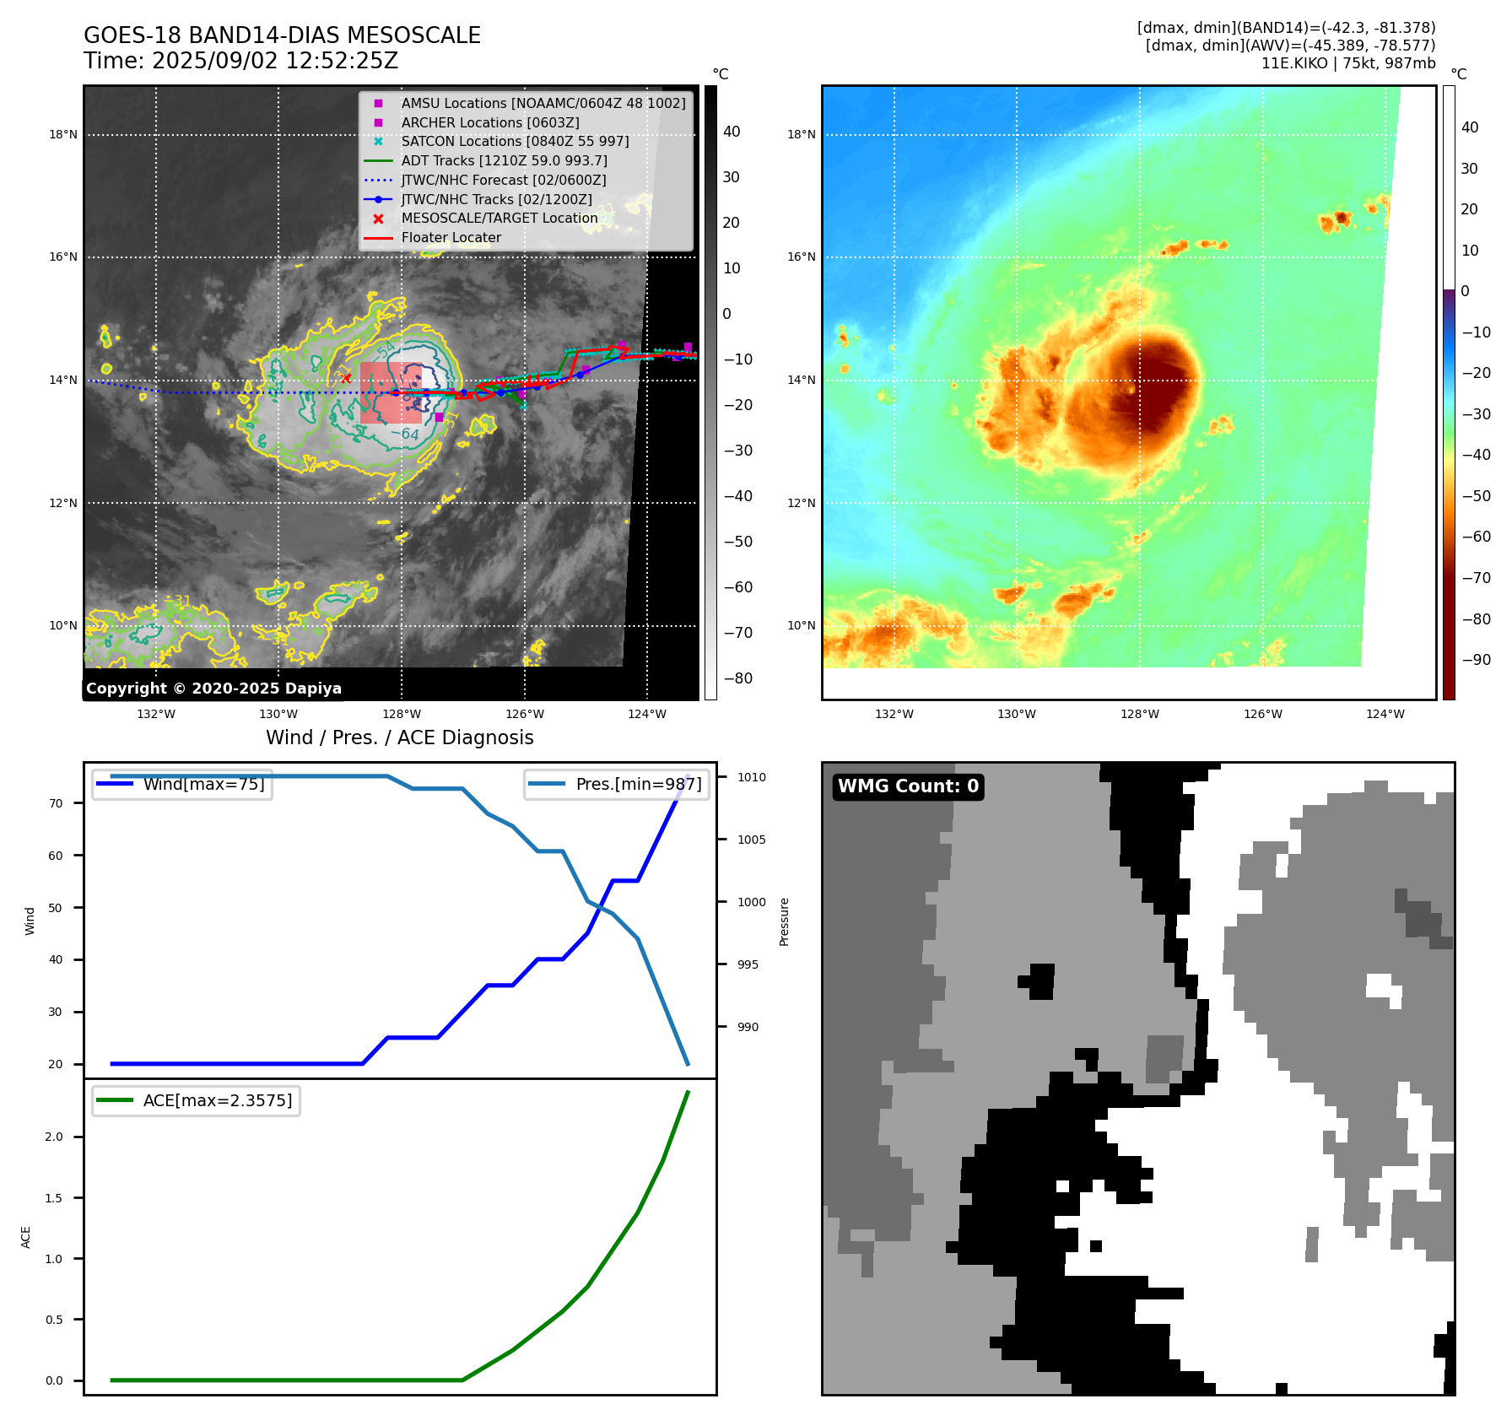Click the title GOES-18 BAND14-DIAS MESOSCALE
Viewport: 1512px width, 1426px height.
pos(282,35)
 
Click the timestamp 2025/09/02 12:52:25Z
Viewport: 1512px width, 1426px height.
pos(274,62)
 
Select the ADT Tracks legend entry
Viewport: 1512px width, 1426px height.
pos(504,160)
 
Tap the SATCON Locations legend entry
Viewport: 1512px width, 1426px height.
pos(515,141)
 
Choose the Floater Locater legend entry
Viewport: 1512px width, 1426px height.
pos(451,238)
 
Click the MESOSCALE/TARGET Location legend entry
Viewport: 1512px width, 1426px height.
pos(499,219)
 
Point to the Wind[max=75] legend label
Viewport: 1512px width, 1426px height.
pos(203,784)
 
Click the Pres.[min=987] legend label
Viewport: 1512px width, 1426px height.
pos(638,784)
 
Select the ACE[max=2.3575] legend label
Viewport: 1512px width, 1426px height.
pos(217,1100)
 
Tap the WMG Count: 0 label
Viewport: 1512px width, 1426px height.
pos(908,786)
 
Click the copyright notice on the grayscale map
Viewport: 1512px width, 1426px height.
pos(213,689)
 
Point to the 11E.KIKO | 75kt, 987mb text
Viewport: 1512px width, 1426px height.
pos(1347,63)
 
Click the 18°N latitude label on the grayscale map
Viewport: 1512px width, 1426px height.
pos(63,135)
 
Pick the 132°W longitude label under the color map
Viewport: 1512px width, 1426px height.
pos(894,715)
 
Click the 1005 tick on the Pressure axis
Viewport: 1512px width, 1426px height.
pos(751,840)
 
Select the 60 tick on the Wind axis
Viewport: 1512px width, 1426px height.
pos(56,856)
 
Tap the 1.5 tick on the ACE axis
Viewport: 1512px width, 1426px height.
pos(53,1198)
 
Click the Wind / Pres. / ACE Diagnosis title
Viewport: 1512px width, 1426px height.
pos(399,738)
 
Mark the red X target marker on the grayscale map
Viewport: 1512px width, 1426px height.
pos(346,378)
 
